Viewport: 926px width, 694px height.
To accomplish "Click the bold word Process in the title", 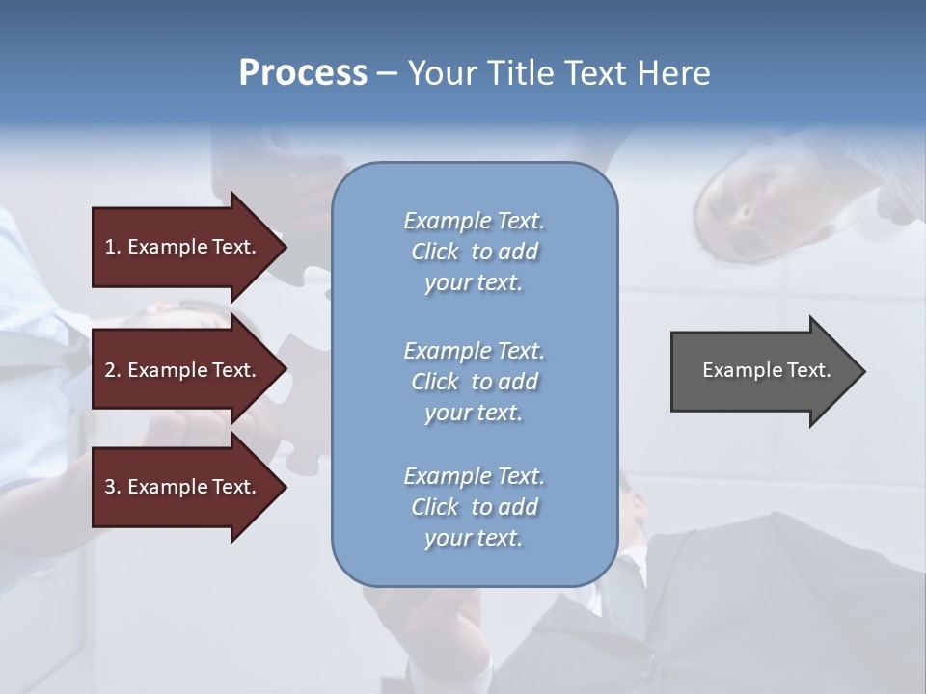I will click(303, 72).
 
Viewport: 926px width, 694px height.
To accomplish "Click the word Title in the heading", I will click(520, 72).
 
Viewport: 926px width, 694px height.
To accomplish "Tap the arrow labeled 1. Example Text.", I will click(183, 247).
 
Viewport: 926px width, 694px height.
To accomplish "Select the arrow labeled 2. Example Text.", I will click(183, 370).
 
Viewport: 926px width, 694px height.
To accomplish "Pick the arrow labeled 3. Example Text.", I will click(183, 487).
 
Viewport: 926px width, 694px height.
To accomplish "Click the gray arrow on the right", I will click(762, 370).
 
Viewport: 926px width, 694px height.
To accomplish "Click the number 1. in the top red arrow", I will click(113, 247).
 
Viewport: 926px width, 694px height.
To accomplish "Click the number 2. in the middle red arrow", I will click(113, 370).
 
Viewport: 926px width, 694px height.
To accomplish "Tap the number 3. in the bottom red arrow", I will click(113, 487).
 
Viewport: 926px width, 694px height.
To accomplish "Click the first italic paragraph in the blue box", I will click(474, 252).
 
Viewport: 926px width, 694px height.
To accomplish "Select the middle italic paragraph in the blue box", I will click(474, 382).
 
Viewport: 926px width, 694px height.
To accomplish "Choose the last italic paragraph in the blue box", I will click(474, 507).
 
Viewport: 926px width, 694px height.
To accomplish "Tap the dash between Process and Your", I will click(387, 73).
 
